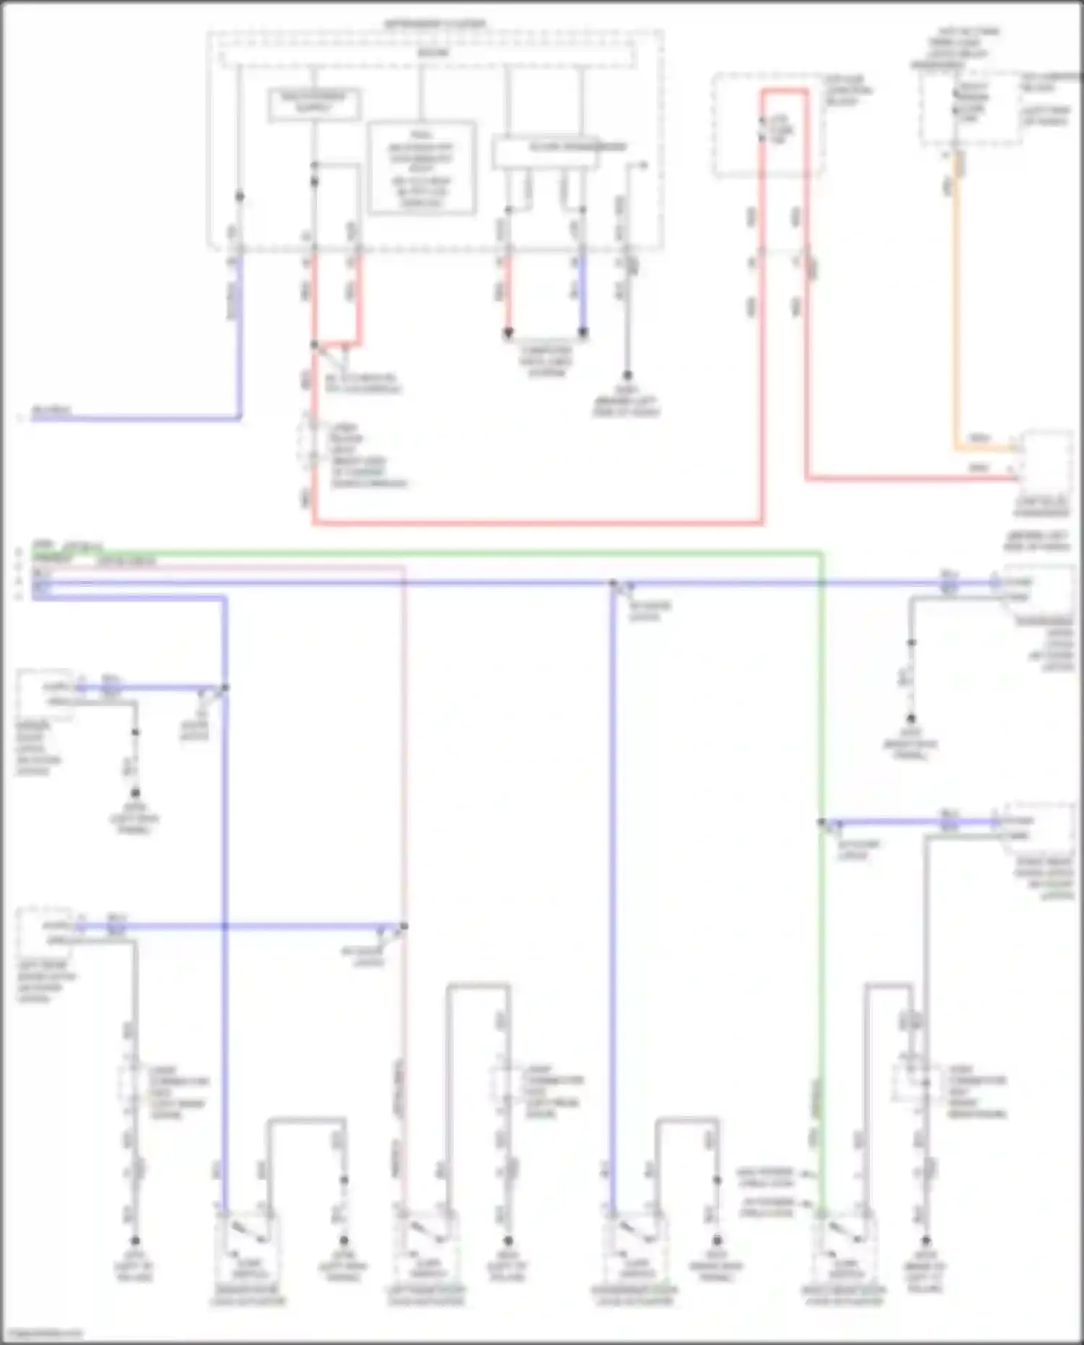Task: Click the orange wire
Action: click(955, 325)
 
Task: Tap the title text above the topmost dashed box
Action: click(434, 24)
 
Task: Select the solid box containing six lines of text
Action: click(421, 168)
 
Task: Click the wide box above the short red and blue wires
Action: click(546, 152)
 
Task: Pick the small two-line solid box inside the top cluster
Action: click(314, 105)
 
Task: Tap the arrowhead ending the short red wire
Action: click(508, 333)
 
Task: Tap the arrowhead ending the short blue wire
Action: click(582, 333)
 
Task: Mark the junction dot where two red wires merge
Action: click(314, 345)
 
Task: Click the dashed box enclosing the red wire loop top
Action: click(767, 124)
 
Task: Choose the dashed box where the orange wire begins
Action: click(970, 108)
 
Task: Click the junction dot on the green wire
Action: click(821, 822)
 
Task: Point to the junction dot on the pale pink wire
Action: click(404, 927)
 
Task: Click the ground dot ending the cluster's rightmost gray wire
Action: click(627, 376)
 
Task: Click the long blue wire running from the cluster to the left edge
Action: click(145, 418)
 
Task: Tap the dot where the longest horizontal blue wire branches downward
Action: click(612, 583)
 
